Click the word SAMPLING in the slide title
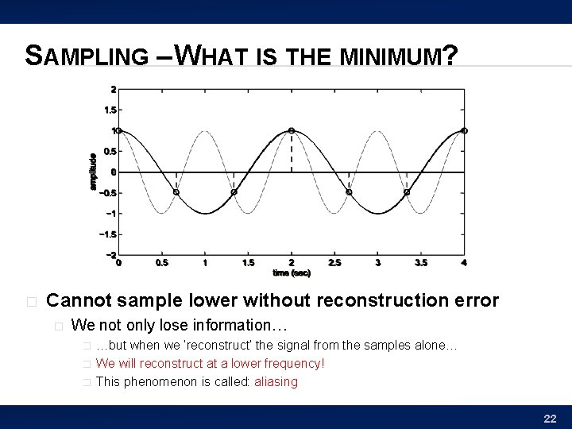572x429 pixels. coord(86,56)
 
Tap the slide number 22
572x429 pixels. coord(550,418)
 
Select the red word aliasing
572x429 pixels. coord(276,381)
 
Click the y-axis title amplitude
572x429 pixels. coord(93,171)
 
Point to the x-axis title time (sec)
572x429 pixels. coord(292,272)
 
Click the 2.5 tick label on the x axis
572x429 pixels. coord(334,262)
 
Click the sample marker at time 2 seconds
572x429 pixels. coord(292,130)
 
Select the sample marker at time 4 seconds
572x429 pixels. coord(464,130)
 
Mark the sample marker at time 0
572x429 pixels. coord(119,130)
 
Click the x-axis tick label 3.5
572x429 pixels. coord(421,262)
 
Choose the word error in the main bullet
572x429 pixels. coord(476,300)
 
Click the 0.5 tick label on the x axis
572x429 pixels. coord(162,262)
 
